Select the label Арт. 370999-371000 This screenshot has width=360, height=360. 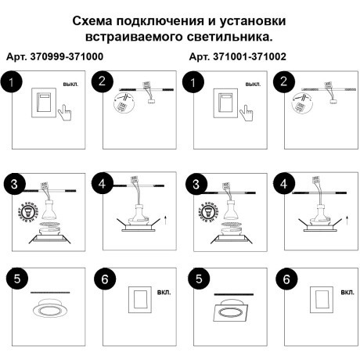[x=54, y=58]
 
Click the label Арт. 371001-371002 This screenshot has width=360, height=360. [x=237, y=58]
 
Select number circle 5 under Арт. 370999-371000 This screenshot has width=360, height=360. [x=13, y=278]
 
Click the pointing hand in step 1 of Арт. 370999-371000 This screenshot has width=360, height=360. [x=65, y=114]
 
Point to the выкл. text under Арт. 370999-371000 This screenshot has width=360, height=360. [x=70, y=84]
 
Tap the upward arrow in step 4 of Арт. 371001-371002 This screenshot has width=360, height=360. [x=347, y=213]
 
